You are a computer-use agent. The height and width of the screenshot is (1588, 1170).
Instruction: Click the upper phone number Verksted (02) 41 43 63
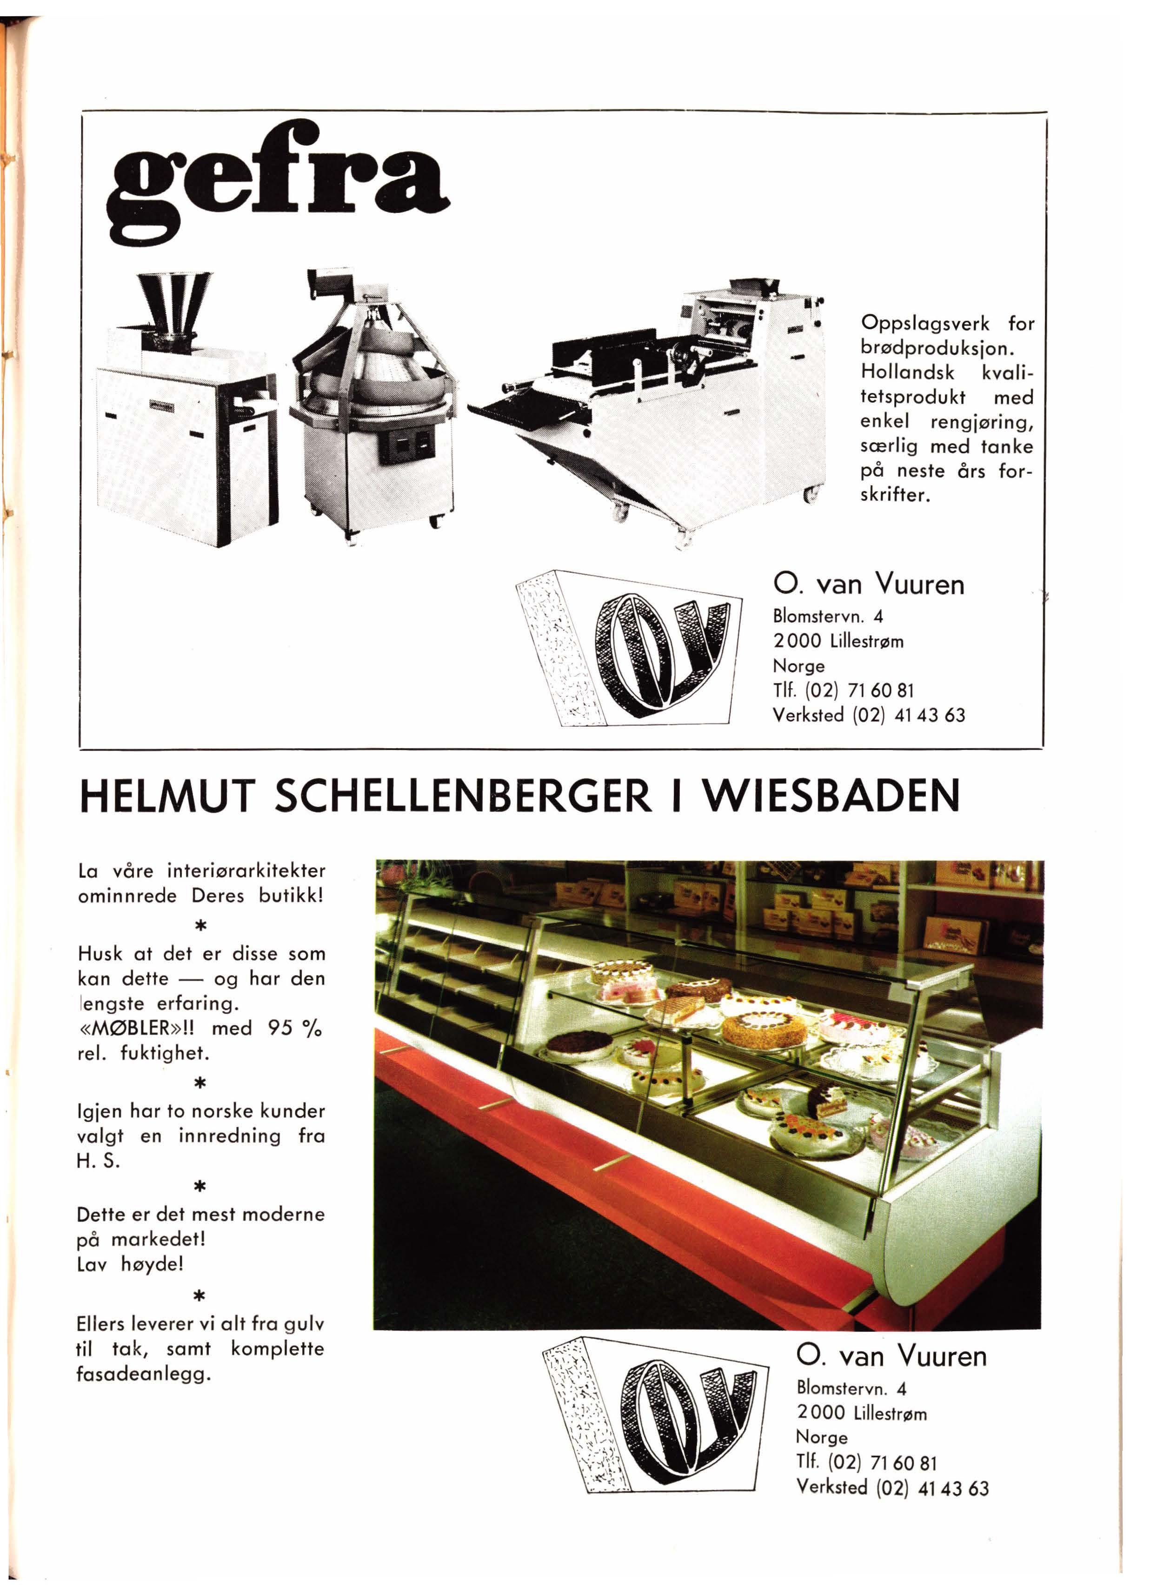[868, 715]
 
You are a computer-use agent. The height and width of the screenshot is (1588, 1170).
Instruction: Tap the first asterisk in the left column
[200, 926]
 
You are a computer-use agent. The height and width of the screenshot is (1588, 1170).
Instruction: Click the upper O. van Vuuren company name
[868, 585]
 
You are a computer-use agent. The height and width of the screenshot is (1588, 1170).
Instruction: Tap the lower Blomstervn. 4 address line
[851, 1388]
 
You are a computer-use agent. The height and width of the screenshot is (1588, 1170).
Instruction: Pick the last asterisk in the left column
[199, 1296]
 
